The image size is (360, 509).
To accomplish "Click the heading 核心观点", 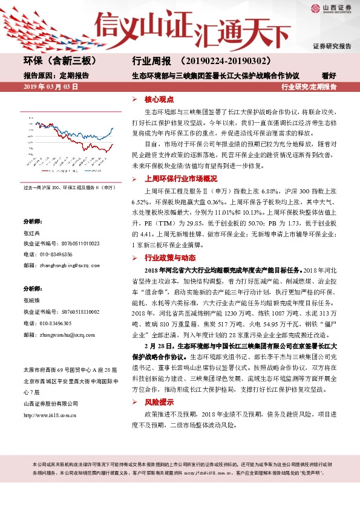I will (159, 99).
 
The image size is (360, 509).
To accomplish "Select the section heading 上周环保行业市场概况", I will (180, 179).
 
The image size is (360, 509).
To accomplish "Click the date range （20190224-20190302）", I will (224, 61).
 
